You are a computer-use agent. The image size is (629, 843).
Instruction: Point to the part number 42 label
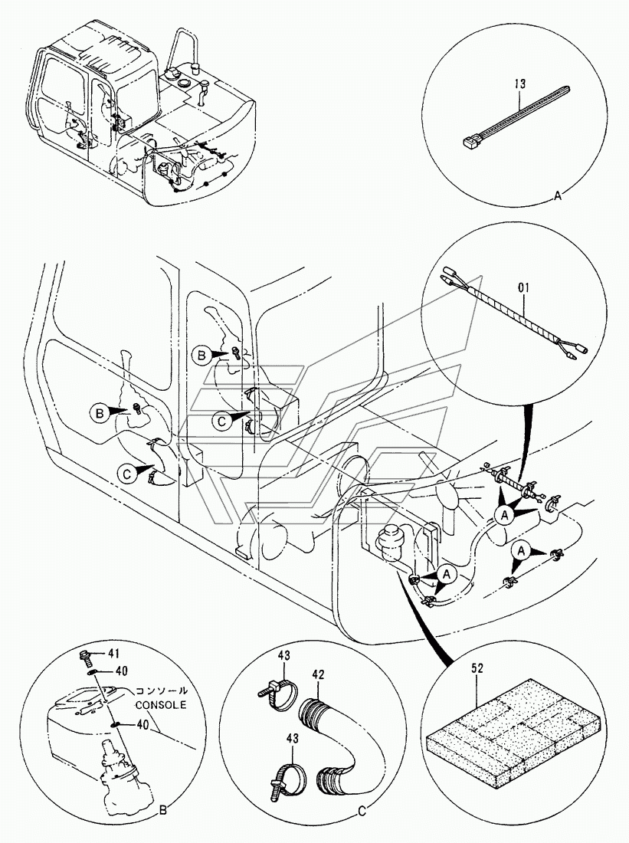click(x=319, y=674)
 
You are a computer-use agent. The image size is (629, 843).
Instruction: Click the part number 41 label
click(x=114, y=654)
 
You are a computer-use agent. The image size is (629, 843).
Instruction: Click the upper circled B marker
click(x=200, y=354)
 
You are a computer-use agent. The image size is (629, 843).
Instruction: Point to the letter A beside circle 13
click(x=557, y=197)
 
